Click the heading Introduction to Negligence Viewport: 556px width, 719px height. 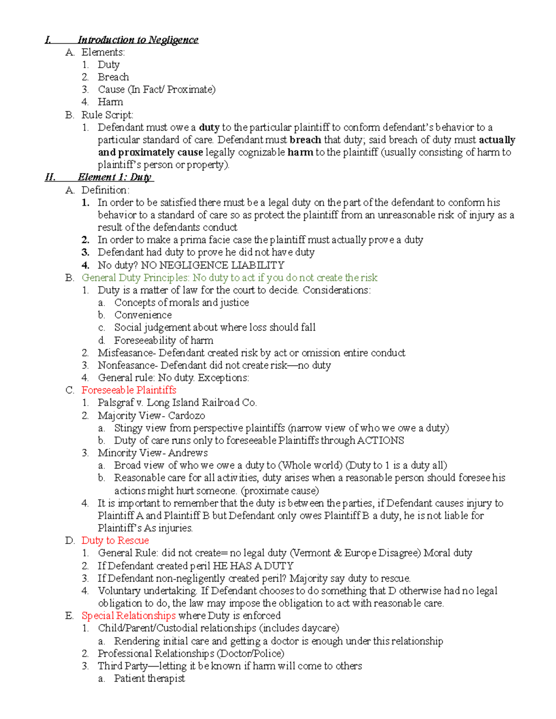coord(138,40)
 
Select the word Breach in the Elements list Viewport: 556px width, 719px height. coord(113,77)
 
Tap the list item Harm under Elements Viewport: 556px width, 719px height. coord(110,102)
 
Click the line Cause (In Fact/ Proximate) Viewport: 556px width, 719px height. coord(157,89)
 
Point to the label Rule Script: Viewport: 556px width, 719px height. coord(107,115)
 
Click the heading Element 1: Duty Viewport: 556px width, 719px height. coord(114,177)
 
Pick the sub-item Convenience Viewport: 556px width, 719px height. coord(143,315)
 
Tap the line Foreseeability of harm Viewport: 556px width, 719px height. coord(164,341)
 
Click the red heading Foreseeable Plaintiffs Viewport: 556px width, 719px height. coord(129,390)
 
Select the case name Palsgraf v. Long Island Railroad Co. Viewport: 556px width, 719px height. coord(177,403)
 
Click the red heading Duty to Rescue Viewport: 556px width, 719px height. coord(115,541)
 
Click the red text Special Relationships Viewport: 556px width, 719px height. coord(128,616)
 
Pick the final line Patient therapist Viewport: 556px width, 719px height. coord(149,679)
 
